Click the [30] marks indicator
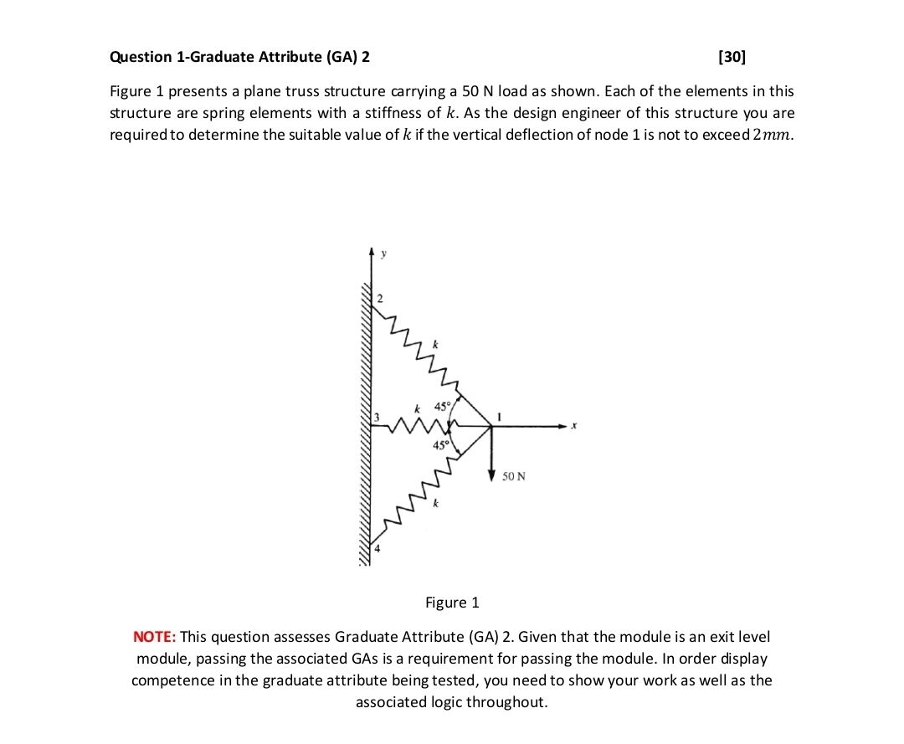732,57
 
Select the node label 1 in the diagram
499,414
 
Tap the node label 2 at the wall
379,299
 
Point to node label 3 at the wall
377,417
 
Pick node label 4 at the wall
377,549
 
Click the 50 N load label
514,476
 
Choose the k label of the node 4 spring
434,504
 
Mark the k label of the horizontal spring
417,407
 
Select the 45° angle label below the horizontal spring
440,445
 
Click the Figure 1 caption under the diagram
452,603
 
